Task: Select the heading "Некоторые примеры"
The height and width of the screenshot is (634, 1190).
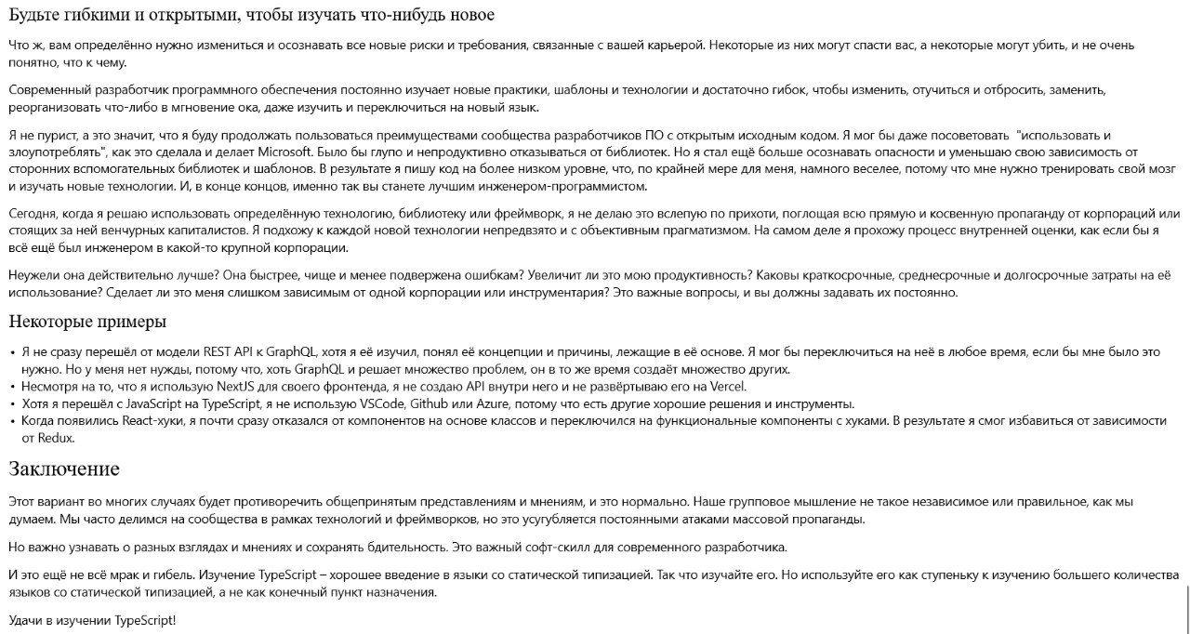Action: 87,322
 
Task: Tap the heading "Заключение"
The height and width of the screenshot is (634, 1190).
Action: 64,468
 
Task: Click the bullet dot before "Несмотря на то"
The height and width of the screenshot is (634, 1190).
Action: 12,387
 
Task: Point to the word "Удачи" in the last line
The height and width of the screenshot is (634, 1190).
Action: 28,620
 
